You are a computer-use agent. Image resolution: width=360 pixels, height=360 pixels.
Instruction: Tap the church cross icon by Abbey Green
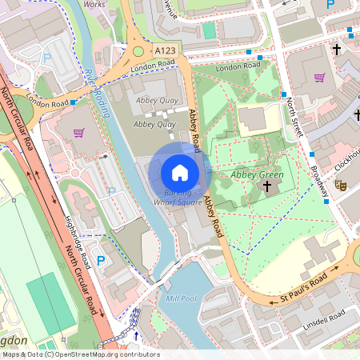click(x=266, y=186)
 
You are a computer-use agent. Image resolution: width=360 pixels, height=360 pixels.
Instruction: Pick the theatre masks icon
click(x=340, y=184)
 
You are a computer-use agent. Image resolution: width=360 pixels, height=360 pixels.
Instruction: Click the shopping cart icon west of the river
click(x=78, y=133)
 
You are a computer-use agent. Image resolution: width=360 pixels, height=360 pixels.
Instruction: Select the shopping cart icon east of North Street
click(x=320, y=78)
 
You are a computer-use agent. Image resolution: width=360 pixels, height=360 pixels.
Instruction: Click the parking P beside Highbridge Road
click(x=101, y=260)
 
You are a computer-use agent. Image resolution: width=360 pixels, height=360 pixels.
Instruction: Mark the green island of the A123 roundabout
click(x=138, y=53)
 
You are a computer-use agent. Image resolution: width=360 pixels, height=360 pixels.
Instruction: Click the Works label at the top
click(x=94, y=4)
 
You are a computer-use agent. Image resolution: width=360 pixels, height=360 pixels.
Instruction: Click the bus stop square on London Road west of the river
click(x=73, y=102)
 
